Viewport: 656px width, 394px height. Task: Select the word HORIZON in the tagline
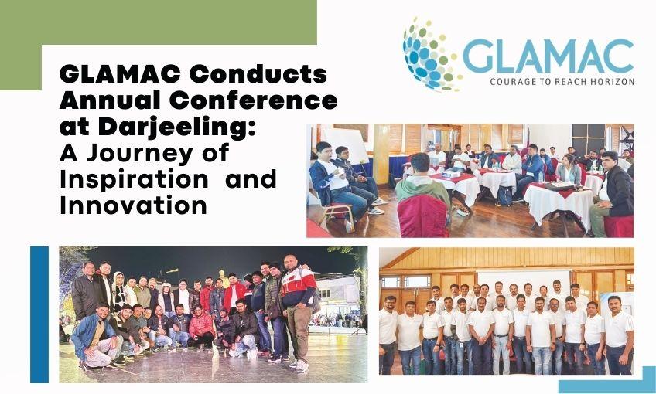coord(610,81)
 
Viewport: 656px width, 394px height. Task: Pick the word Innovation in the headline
coord(133,206)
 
